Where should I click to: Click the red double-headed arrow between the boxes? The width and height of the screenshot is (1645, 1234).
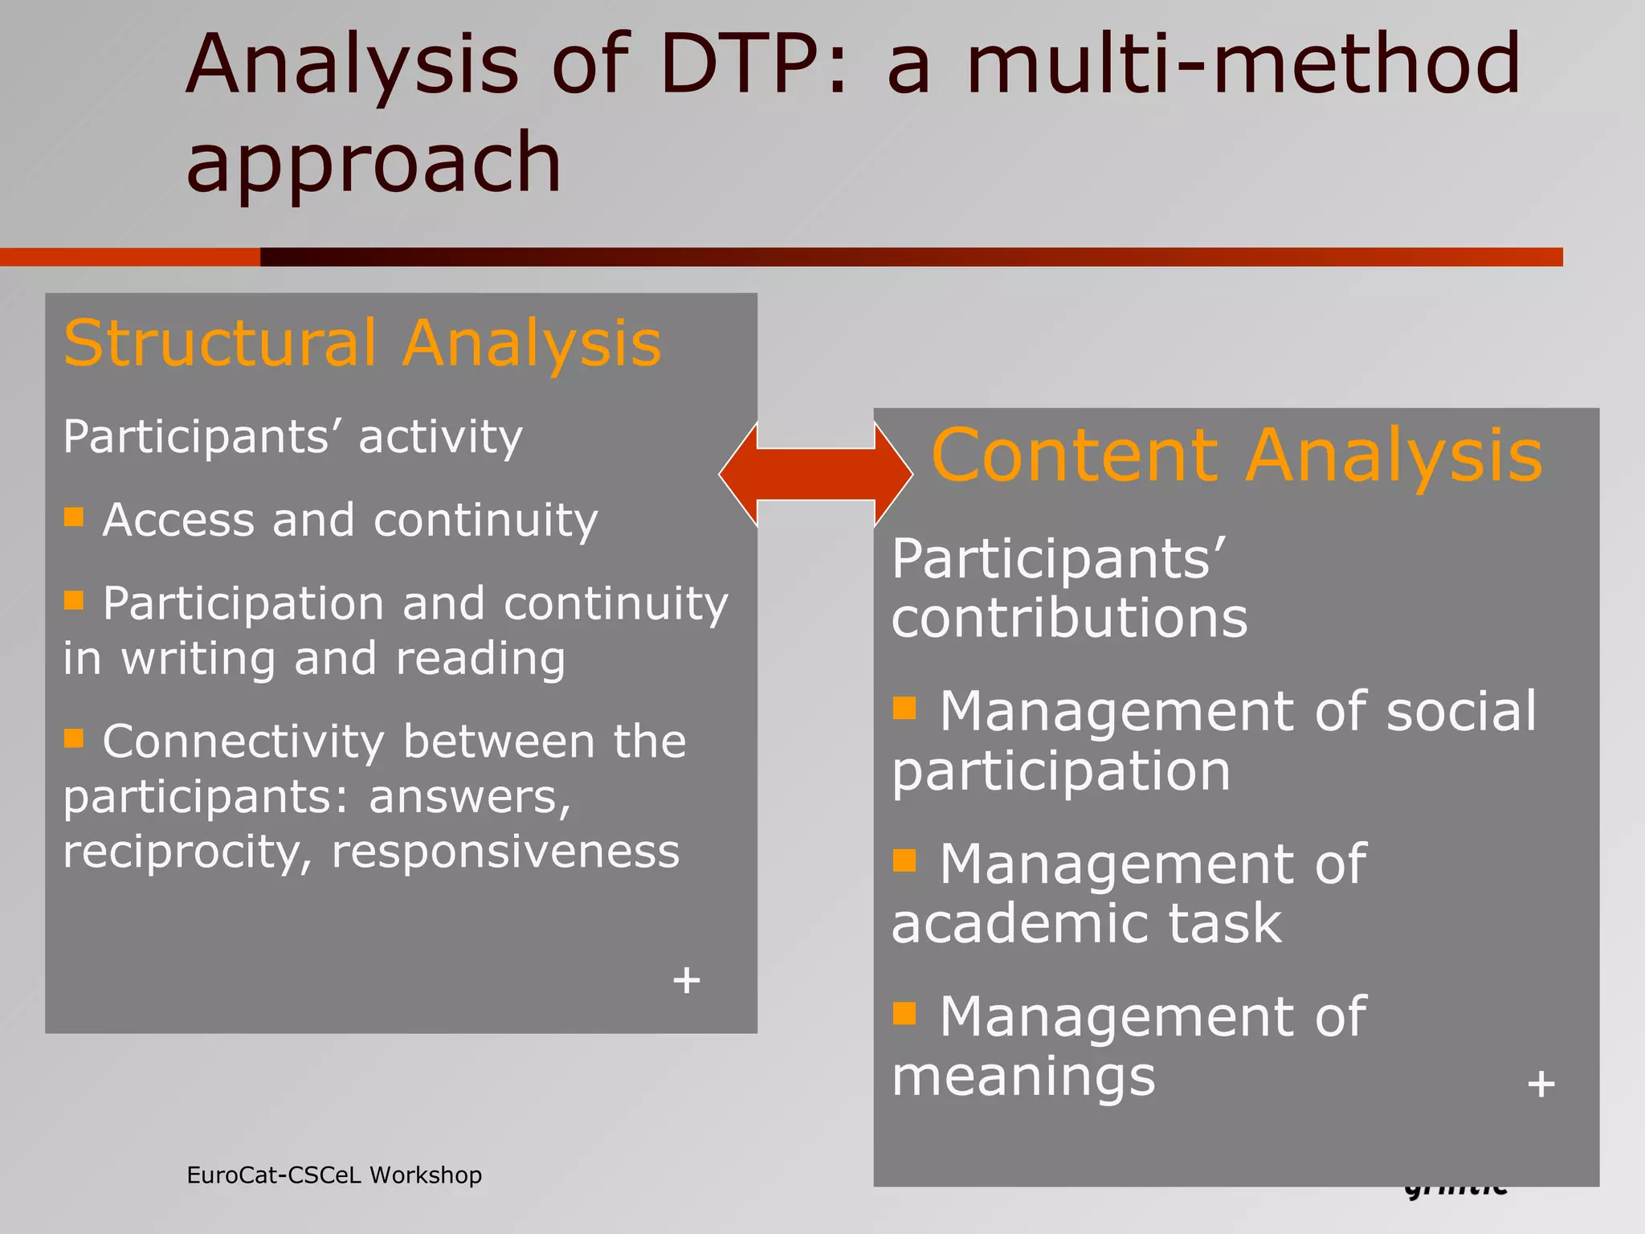[x=815, y=474]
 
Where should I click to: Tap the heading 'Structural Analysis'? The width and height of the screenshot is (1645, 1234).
[x=363, y=343]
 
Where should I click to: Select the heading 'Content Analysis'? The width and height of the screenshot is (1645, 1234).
[x=1237, y=456]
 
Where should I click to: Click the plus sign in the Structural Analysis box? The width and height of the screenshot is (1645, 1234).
[x=687, y=980]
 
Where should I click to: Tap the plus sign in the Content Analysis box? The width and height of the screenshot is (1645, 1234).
[x=1541, y=1085]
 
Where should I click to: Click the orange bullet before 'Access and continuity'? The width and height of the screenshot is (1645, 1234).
[x=74, y=517]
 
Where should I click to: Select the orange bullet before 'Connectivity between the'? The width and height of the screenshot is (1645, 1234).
[x=74, y=738]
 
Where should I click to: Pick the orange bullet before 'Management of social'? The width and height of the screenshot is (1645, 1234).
[x=904, y=708]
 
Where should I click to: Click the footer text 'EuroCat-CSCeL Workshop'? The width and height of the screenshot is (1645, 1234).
[x=334, y=1175]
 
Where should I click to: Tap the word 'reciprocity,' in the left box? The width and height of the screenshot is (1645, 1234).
[x=187, y=852]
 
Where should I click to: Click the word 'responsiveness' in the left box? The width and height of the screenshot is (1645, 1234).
[x=506, y=852]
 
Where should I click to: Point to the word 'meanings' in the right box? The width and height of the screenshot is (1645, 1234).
[x=1023, y=1077]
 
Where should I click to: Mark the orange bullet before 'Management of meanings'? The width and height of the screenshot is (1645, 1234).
[x=904, y=1013]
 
